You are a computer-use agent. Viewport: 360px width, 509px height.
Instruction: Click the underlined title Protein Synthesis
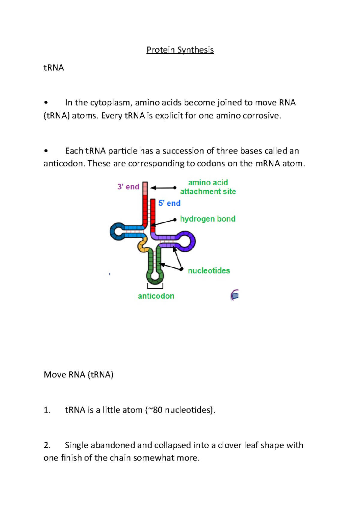click(180, 50)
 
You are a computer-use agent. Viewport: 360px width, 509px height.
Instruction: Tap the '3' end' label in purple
click(128, 187)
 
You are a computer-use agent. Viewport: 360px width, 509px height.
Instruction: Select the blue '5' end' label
click(169, 203)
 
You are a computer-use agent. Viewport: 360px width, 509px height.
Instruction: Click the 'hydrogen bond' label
click(208, 219)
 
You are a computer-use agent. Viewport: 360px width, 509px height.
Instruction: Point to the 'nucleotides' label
click(209, 271)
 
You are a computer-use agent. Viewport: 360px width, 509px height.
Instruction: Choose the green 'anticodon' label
click(156, 296)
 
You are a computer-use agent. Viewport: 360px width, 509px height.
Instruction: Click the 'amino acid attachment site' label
click(208, 187)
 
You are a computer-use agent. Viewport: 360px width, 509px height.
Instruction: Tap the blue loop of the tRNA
click(116, 231)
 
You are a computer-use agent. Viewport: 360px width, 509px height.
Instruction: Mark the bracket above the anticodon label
click(155, 287)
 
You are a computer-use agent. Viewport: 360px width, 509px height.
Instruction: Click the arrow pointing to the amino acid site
click(163, 188)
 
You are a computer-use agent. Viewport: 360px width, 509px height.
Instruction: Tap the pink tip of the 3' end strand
click(145, 188)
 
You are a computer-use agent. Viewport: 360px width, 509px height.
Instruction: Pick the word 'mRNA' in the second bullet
click(268, 164)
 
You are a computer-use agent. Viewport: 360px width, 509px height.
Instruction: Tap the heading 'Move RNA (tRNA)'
click(79, 375)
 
